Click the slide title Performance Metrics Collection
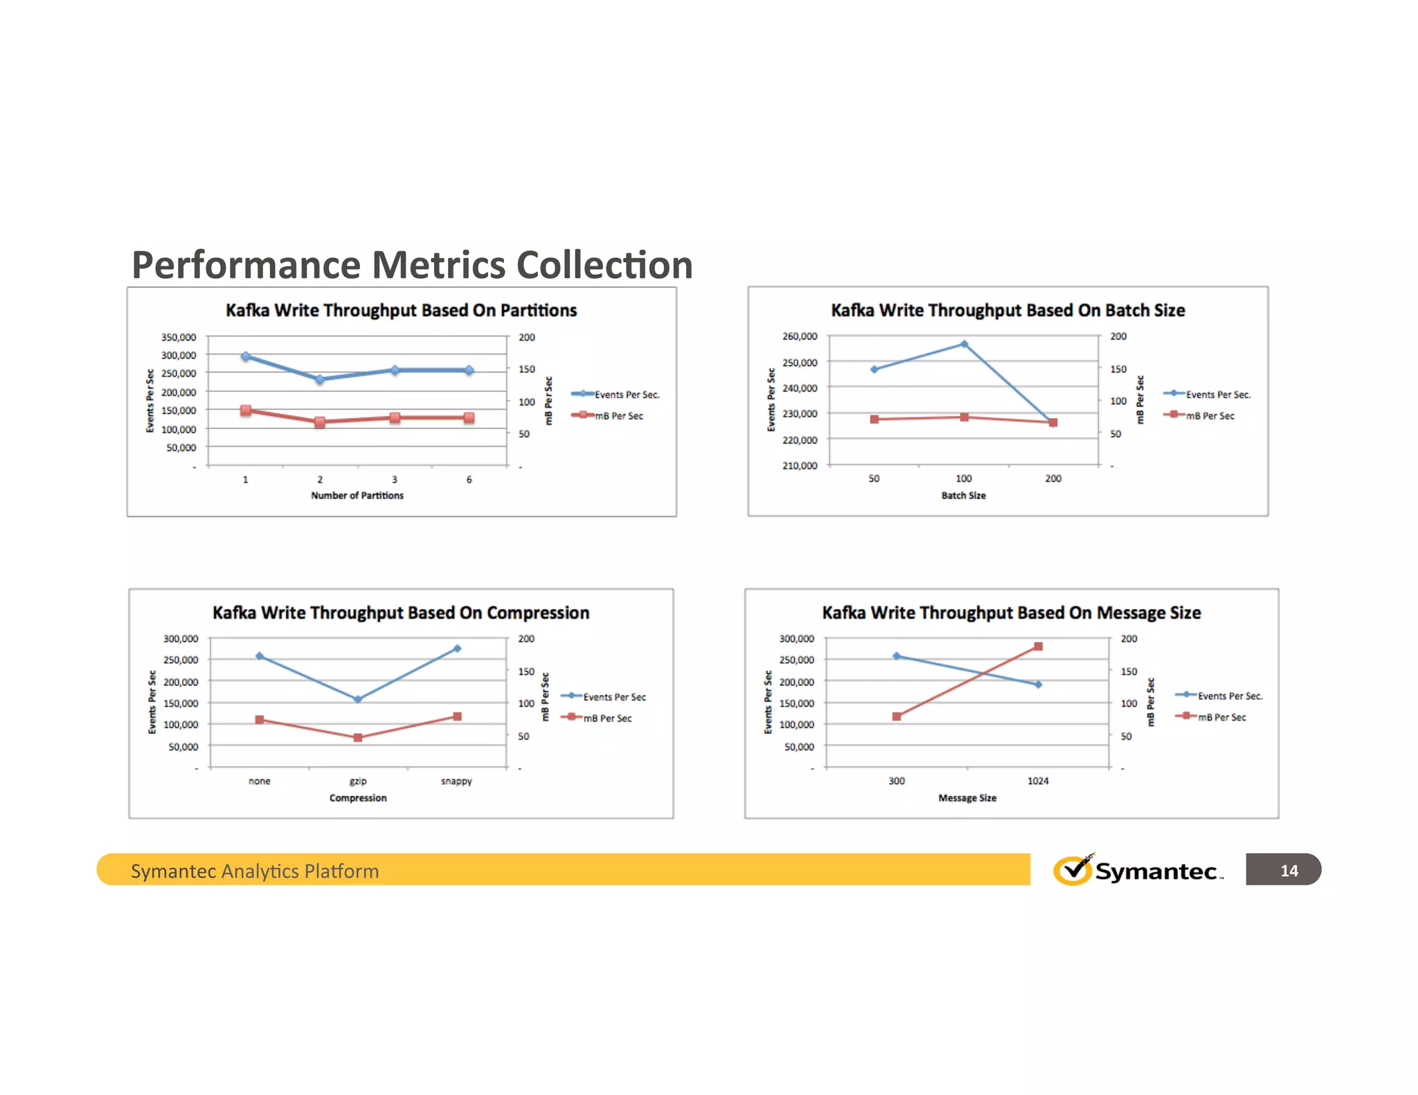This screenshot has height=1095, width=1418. [412, 265]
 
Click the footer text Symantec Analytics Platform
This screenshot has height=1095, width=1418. [255, 871]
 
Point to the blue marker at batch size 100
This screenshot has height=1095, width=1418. [964, 344]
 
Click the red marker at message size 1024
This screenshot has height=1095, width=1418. [1038, 646]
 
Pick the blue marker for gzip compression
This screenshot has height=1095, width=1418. [358, 699]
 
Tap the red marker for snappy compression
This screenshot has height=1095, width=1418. [457, 716]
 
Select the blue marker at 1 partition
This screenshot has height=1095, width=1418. [246, 356]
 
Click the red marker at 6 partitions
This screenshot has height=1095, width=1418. [469, 417]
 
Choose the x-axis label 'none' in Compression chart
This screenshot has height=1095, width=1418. [260, 781]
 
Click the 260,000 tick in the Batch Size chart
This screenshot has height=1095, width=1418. [800, 336]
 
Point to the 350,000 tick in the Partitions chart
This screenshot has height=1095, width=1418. [179, 337]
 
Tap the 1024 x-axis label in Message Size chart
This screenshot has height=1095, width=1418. [1038, 781]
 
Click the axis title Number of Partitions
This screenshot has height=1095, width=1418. [357, 496]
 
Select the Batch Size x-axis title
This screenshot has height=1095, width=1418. [963, 496]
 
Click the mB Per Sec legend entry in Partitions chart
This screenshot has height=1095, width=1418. [618, 416]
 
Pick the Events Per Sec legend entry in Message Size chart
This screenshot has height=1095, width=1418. [1230, 696]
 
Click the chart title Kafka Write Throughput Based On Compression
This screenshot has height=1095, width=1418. [401, 613]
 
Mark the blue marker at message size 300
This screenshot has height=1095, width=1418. [897, 656]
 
